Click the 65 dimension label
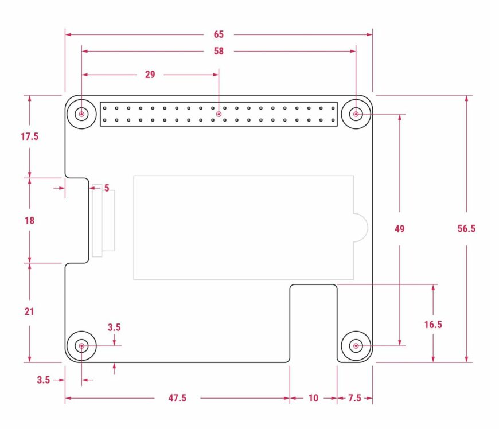pyautogui.click(x=219, y=34)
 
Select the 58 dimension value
pyautogui.click(x=219, y=51)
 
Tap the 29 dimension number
pyautogui.click(x=150, y=74)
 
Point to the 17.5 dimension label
pyautogui.click(x=29, y=136)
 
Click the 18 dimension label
pyautogui.click(x=29, y=220)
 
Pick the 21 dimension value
pyautogui.click(x=29, y=311)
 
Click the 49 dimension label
pyautogui.click(x=400, y=229)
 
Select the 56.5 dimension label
pyautogui.click(x=466, y=229)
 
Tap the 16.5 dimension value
pyautogui.click(x=433, y=325)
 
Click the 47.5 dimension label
pyautogui.click(x=177, y=398)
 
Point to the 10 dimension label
pyautogui.click(x=313, y=398)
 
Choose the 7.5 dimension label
pyautogui.click(x=354, y=398)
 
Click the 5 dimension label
pyautogui.click(x=107, y=188)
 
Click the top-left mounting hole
pyautogui.click(x=81, y=114)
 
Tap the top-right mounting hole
pyautogui.click(x=356, y=114)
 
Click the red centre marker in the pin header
pyautogui.click(x=219, y=115)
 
